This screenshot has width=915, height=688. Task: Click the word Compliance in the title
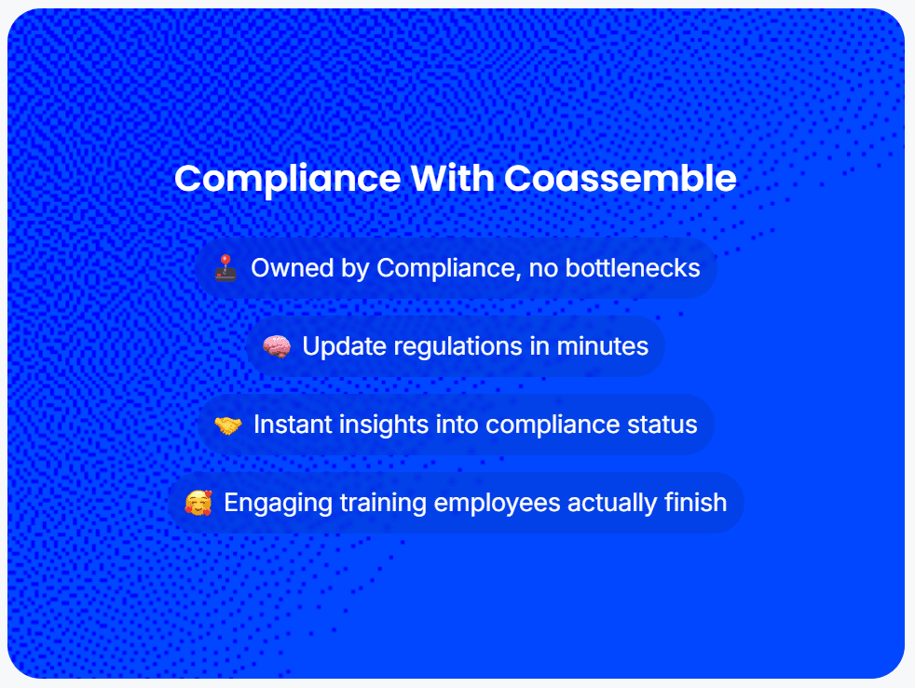coord(287,180)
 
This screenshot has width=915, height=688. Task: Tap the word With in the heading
coord(452,178)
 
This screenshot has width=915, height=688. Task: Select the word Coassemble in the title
coord(621,178)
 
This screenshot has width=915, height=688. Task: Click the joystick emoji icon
coord(225,268)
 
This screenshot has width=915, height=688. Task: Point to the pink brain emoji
coord(277,346)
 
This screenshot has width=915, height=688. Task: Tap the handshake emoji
coord(228,425)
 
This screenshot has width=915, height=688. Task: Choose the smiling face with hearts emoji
coord(198,503)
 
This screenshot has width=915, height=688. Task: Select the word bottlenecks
coord(633,268)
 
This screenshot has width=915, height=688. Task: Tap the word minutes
coord(603,346)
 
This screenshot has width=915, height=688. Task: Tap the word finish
coord(696,503)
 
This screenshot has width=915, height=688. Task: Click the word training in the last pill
coord(383,503)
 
